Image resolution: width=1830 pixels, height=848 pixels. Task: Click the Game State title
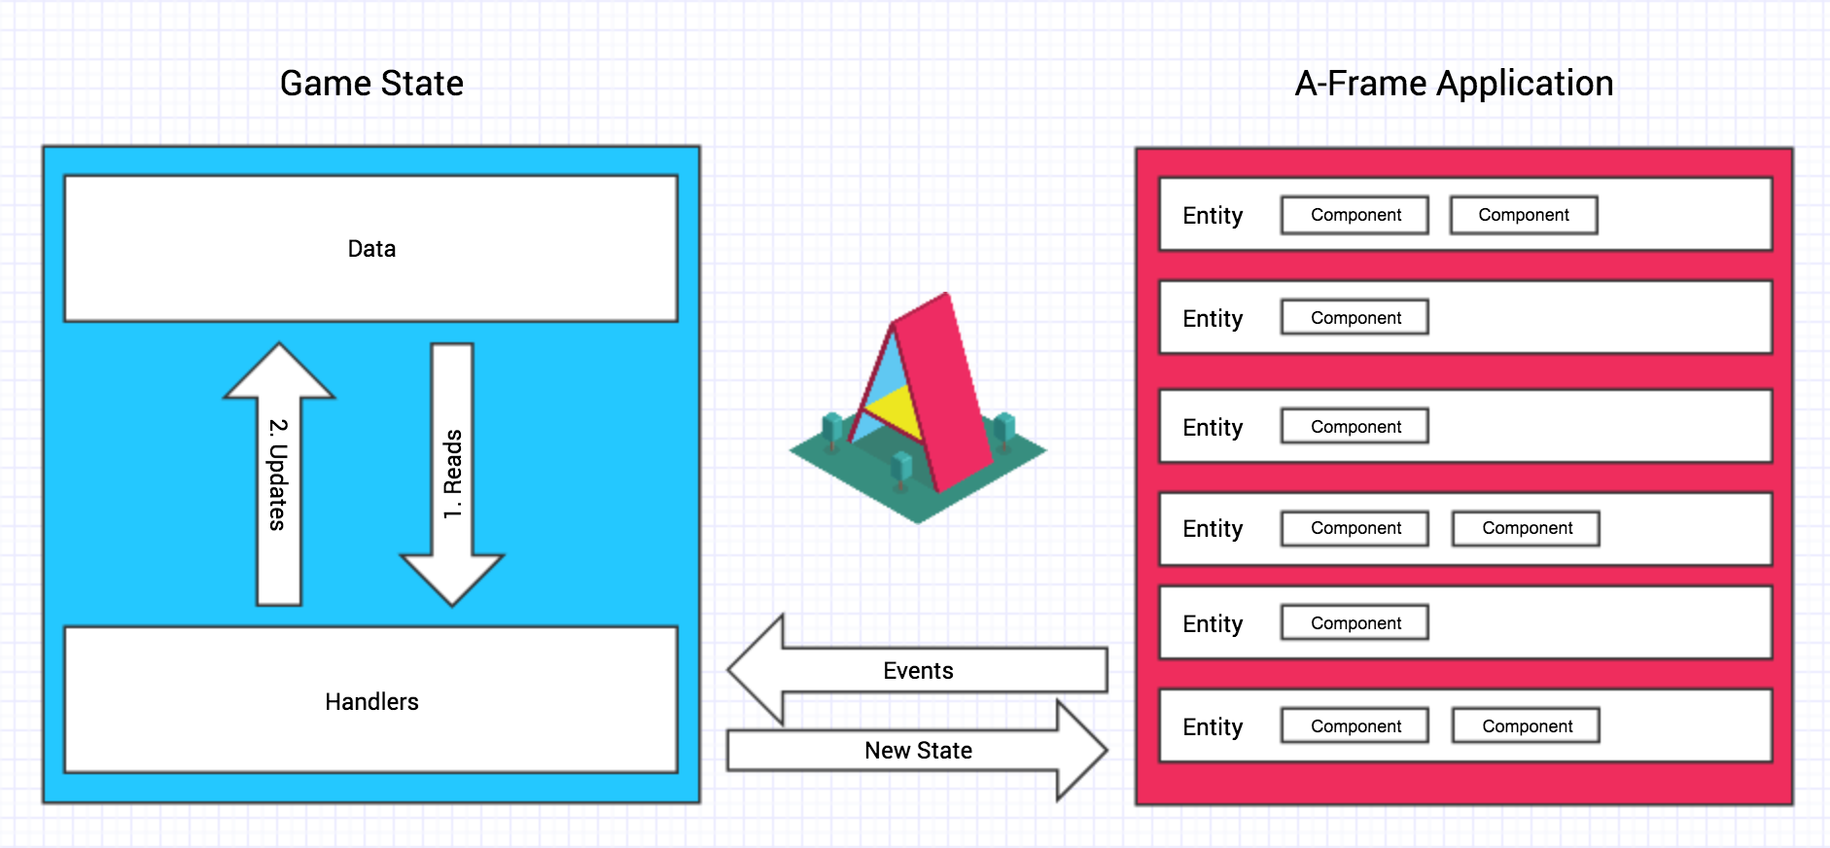pyautogui.click(x=371, y=84)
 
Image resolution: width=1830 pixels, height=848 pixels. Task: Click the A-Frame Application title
pyautogui.click(x=1454, y=84)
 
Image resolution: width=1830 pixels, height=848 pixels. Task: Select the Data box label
pyautogui.click(x=371, y=249)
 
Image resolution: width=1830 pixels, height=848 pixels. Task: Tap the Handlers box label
pyautogui.click(x=371, y=702)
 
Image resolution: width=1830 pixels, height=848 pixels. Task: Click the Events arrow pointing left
pyautogui.click(x=917, y=670)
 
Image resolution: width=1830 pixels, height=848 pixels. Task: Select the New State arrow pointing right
pyautogui.click(x=917, y=751)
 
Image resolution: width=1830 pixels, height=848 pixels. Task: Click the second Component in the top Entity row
pyautogui.click(x=1523, y=215)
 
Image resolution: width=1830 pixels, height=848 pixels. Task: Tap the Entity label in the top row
pyautogui.click(x=1213, y=216)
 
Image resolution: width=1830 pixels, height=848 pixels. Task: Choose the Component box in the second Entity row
pyautogui.click(x=1355, y=318)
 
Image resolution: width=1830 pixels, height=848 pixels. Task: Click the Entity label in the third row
pyautogui.click(x=1213, y=428)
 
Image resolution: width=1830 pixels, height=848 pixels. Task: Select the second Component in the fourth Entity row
pyautogui.click(x=1526, y=528)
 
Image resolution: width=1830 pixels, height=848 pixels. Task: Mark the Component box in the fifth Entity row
pyautogui.click(x=1355, y=623)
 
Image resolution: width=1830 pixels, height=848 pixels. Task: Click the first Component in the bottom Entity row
pyautogui.click(x=1355, y=726)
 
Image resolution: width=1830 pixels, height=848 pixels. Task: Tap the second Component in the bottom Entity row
pyautogui.click(x=1526, y=726)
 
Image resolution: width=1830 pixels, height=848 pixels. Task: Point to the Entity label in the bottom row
pyautogui.click(x=1213, y=727)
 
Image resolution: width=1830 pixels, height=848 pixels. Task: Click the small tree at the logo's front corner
pyautogui.click(x=901, y=469)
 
